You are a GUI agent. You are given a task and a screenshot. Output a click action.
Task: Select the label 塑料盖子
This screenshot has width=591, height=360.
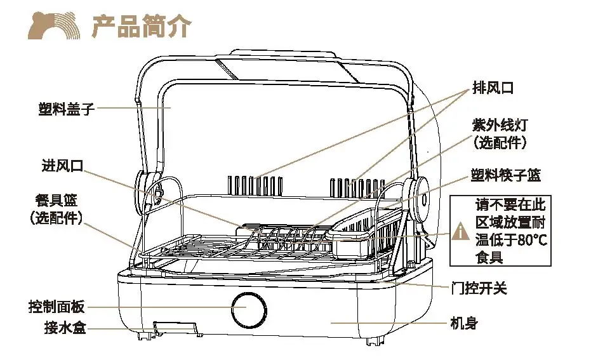point(66,109)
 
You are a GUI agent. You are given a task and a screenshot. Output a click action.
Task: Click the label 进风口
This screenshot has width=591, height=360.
point(62,166)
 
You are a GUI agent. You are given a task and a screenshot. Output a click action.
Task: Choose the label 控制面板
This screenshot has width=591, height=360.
point(56,307)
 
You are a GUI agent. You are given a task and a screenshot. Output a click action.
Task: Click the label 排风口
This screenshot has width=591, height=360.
point(493,88)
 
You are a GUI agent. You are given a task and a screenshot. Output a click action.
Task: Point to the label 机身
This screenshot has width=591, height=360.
point(463,323)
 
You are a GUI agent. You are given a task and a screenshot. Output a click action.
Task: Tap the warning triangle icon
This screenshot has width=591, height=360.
point(460,232)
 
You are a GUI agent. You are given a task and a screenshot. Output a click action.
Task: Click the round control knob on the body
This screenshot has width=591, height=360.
point(246,309)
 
